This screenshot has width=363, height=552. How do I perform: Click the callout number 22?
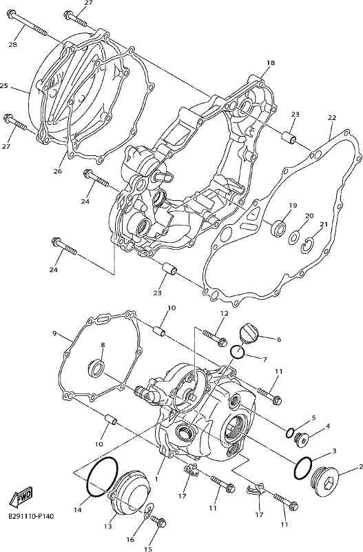coord(332,117)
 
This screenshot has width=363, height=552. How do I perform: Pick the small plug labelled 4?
coord(301,439)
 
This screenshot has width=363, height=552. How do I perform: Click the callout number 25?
coord(4,86)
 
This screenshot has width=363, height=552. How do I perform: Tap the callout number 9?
coord(54,333)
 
